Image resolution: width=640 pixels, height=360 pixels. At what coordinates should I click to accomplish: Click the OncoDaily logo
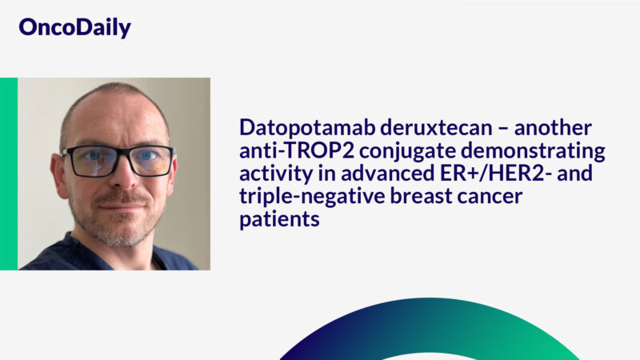pyautogui.click(x=74, y=28)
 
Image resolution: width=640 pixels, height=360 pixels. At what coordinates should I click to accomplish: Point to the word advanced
pyautogui.click(x=385, y=174)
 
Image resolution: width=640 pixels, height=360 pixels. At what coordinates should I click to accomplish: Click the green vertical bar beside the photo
pyautogui.click(x=8, y=174)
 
